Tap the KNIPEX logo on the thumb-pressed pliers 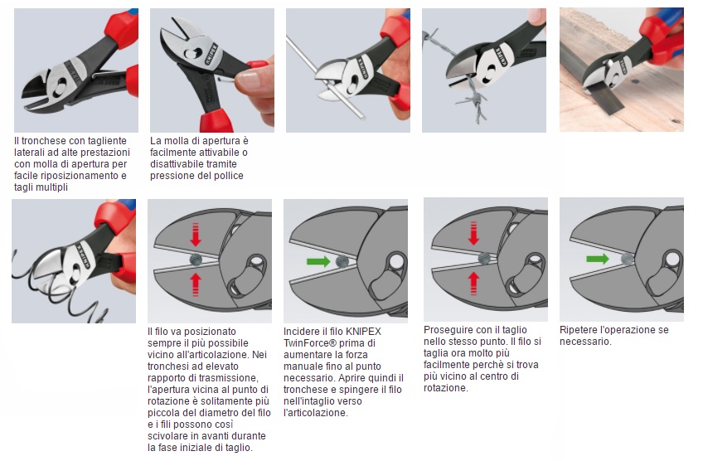click(x=211, y=54)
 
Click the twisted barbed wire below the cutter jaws click(x=473, y=101)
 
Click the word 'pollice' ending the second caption click(x=229, y=176)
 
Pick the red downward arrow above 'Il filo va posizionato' click(x=196, y=235)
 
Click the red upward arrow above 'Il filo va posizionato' click(x=196, y=284)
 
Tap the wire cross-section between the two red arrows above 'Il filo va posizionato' click(x=196, y=260)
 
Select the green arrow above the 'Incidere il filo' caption click(x=318, y=261)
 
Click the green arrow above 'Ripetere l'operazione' click(x=598, y=259)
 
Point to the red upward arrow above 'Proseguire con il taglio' click(x=473, y=283)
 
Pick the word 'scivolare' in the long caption click(x=167, y=436)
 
